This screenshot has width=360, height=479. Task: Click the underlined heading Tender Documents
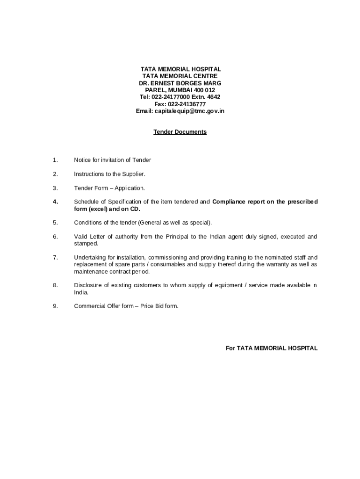coord(180,132)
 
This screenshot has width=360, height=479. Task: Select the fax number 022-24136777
coord(187,104)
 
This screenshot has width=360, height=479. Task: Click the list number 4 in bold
coord(55,202)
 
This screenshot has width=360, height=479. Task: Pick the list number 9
coord(55,306)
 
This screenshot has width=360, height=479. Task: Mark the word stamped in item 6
coord(86,243)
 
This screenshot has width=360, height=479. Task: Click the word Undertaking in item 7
coord(90,257)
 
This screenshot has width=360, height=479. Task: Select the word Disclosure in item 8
coord(87,285)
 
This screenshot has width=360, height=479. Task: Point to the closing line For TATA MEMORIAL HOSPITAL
coord(272,348)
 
